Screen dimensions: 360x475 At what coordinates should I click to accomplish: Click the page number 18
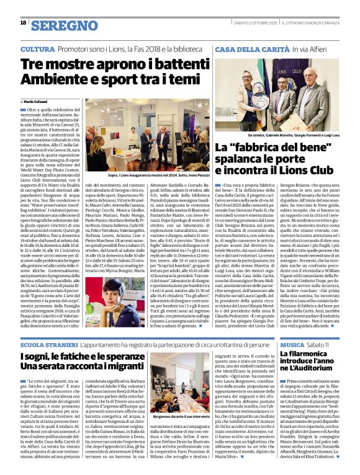23,24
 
